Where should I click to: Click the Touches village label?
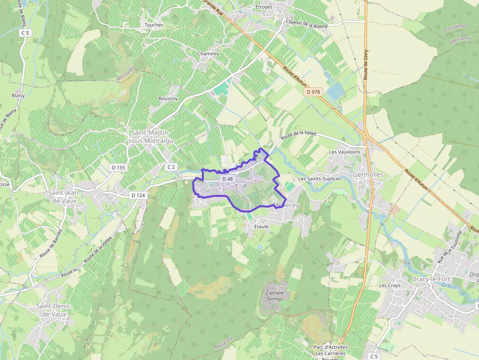(x=154, y=25)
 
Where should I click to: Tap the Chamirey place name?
(x=208, y=54)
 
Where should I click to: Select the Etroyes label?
(x=264, y=7)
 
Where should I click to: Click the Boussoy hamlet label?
(x=168, y=98)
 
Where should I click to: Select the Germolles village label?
(x=368, y=174)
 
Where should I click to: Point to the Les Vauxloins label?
(x=345, y=152)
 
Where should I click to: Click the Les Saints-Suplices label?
(x=320, y=179)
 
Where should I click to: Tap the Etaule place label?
(x=261, y=227)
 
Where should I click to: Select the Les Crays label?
(x=390, y=285)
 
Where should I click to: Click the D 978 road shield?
(x=313, y=92)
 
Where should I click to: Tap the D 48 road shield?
(x=228, y=179)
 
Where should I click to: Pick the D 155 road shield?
(x=118, y=168)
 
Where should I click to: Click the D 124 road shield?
(x=138, y=195)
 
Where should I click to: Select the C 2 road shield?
(x=171, y=167)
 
